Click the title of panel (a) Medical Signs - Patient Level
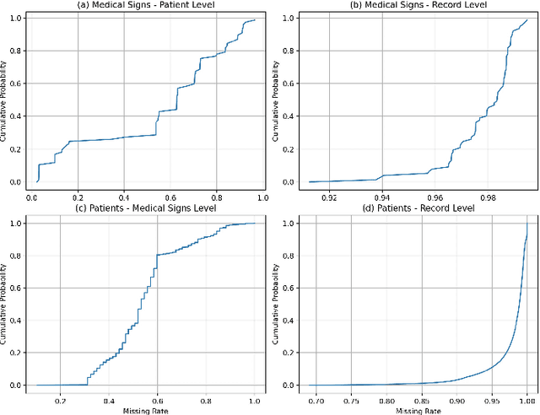[x=146, y=6]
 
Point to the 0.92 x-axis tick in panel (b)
[x=329, y=197]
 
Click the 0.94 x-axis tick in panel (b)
[x=381, y=197]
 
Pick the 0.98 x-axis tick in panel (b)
[x=487, y=197]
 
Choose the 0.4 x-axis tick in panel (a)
[x=124, y=197]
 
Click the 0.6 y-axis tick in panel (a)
[x=19, y=84]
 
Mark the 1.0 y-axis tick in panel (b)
[x=286, y=18]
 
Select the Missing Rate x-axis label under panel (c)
[x=146, y=411]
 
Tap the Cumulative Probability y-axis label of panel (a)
[x=6, y=100]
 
